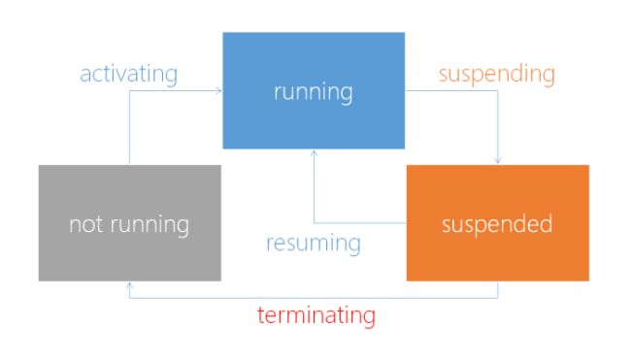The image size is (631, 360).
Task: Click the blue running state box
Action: pos(314,90)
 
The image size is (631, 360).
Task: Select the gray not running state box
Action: pos(129,223)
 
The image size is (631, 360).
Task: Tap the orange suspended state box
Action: pos(497,223)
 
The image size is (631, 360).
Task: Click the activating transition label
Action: pos(129,74)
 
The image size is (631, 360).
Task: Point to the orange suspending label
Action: pos(496,74)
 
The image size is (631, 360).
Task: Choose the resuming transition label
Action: pos(314,243)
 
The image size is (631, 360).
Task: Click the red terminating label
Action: pos(316,315)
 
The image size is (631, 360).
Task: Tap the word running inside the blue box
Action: pos(314,93)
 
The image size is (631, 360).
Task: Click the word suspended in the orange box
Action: pos(497,225)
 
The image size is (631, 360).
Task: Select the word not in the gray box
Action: pos(85,225)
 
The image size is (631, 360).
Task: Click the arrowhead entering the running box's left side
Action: pos(219,91)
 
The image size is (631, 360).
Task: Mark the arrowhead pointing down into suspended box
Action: pos(498,161)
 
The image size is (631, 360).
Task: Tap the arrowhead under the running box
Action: pos(314,153)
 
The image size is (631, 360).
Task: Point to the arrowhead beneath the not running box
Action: pos(129,285)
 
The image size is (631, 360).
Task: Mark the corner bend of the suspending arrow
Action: pos(498,91)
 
